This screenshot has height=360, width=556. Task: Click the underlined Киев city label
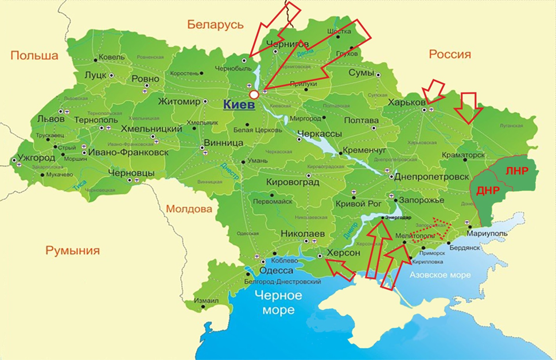coord(239,105)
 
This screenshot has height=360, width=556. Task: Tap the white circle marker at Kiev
coord(254,94)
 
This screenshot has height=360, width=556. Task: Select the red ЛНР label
coord(516,171)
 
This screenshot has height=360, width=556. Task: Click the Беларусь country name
coord(215,25)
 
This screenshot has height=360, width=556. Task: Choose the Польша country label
coord(34,56)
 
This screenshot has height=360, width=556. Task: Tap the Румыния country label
coord(73,250)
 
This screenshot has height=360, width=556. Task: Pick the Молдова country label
coord(189,209)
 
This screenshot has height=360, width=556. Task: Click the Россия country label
coord(450,55)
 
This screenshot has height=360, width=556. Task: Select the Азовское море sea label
coord(440,275)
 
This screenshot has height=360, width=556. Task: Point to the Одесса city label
coord(277,271)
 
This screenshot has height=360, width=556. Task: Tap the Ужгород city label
coord(36,157)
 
